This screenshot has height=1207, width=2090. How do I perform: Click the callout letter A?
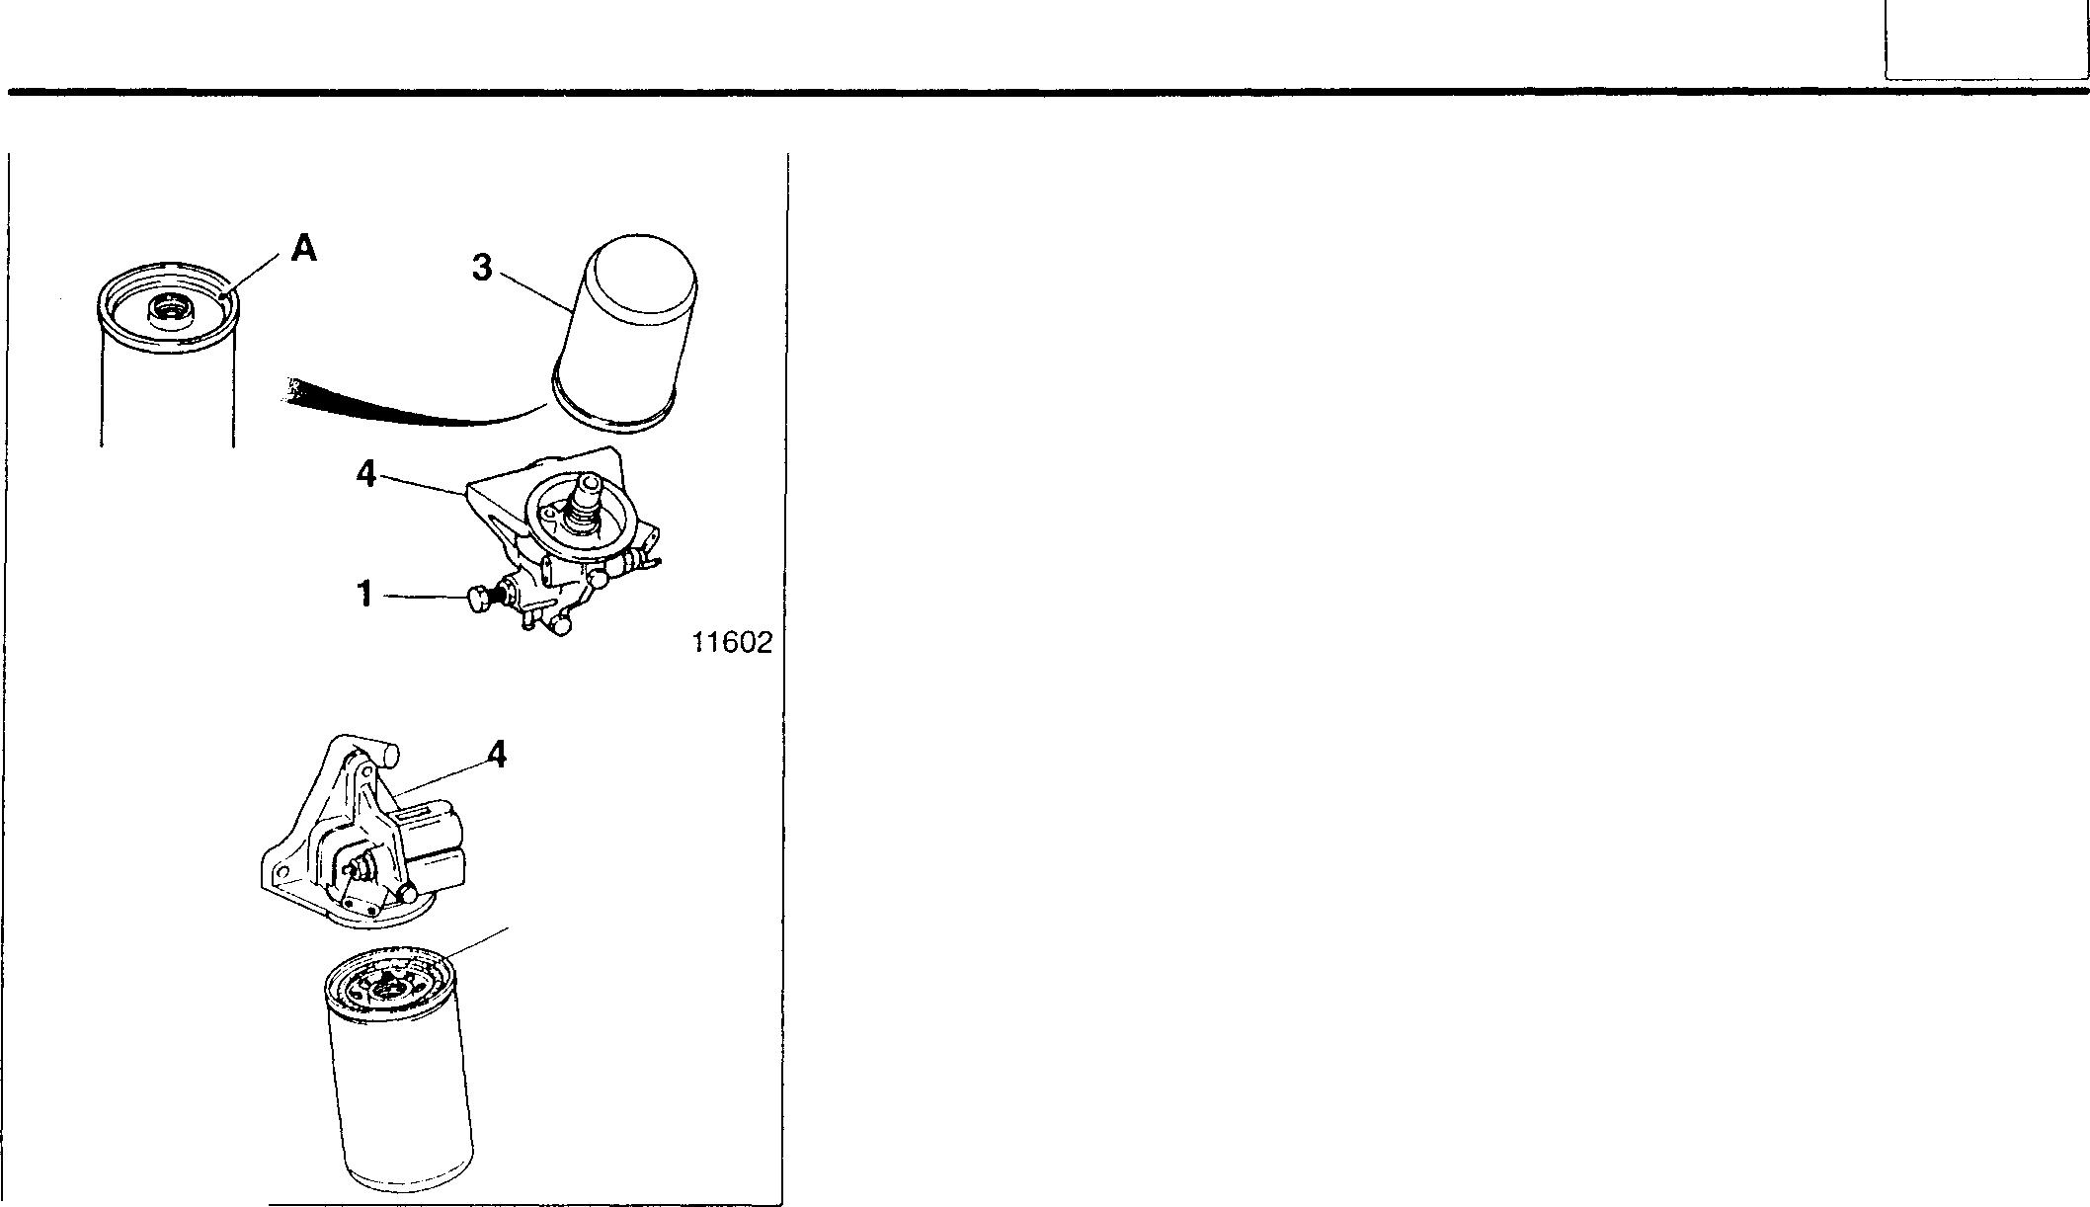click(x=304, y=248)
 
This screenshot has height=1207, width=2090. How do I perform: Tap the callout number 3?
click(x=482, y=267)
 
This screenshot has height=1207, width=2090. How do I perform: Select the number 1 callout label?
click(x=365, y=595)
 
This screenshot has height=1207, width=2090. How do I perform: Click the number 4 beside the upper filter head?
click(x=365, y=475)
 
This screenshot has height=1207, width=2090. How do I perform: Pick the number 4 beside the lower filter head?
click(x=497, y=756)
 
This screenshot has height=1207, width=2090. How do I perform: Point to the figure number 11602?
click(x=731, y=643)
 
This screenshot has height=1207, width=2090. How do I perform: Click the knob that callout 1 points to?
click(x=479, y=599)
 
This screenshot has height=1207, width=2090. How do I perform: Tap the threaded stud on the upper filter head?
click(x=589, y=494)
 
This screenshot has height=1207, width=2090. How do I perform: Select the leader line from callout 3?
click(x=533, y=290)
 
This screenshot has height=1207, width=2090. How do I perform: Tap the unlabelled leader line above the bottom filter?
click(x=478, y=942)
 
